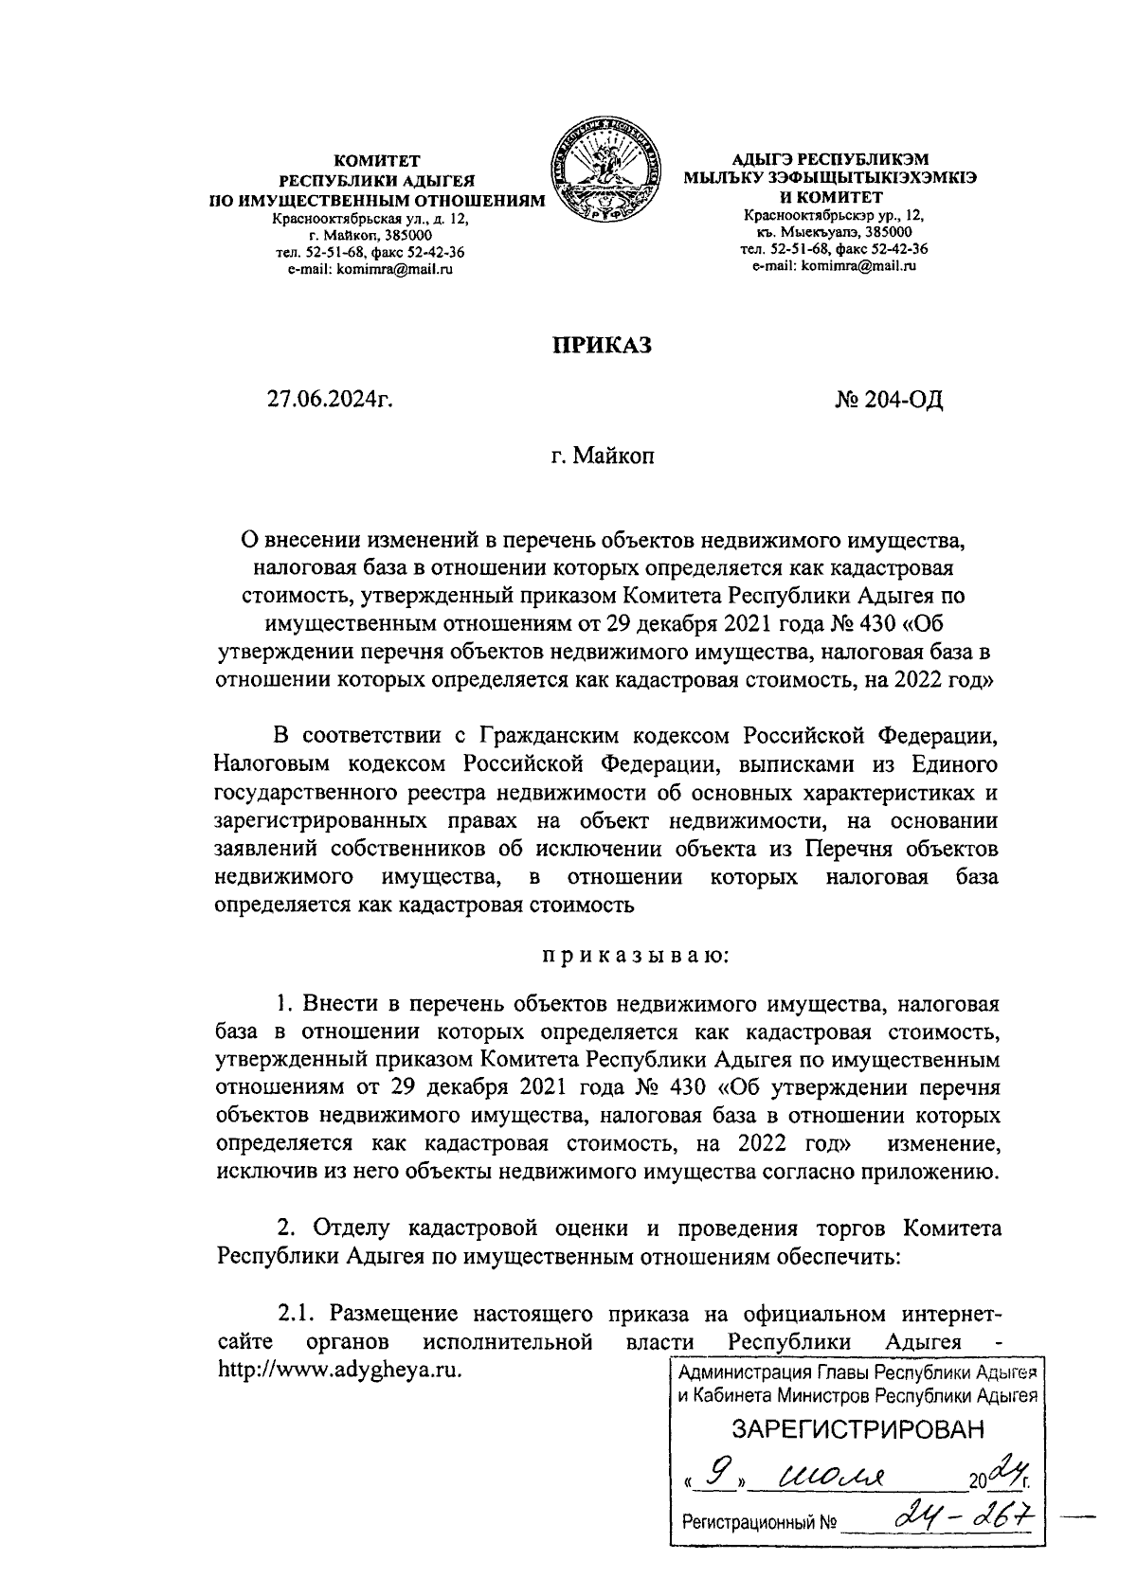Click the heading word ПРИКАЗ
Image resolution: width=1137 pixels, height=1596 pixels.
(604, 346)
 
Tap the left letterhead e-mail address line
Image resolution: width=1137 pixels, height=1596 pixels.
(370, 270)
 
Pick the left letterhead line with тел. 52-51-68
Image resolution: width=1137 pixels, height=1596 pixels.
(370, 253)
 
